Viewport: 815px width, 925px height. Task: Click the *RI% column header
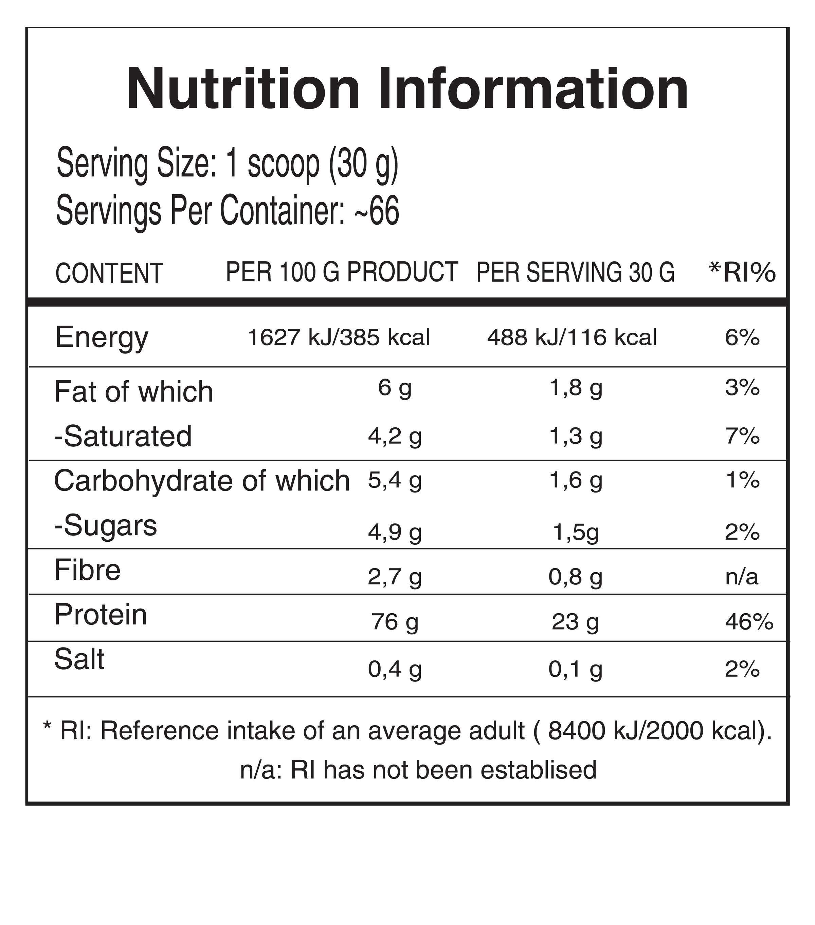click(742, 272)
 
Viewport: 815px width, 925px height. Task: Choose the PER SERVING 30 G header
click(575, 272)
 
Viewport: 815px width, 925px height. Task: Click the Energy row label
click(102, 338)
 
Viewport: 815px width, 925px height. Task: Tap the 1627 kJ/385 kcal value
click(339, 338)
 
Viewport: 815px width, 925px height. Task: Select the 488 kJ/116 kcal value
click(572, 338)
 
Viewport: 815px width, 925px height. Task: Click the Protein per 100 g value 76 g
click(395, 622)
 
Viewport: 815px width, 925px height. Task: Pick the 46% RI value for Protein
click(749, 622)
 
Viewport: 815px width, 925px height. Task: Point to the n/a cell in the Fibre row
click(742, 577)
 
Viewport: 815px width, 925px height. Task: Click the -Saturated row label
click(123, 436)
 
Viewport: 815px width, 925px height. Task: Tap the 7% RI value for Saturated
click(742, 436)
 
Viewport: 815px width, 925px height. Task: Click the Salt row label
click(79, 659)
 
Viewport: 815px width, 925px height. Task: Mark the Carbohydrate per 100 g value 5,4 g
click(395, 481)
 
